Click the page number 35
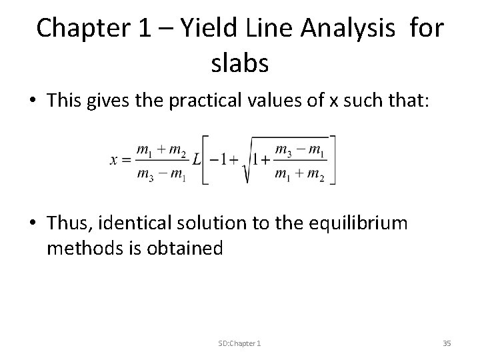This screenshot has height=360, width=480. coord(447,343)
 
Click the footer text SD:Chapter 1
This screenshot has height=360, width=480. coord(239,343)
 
